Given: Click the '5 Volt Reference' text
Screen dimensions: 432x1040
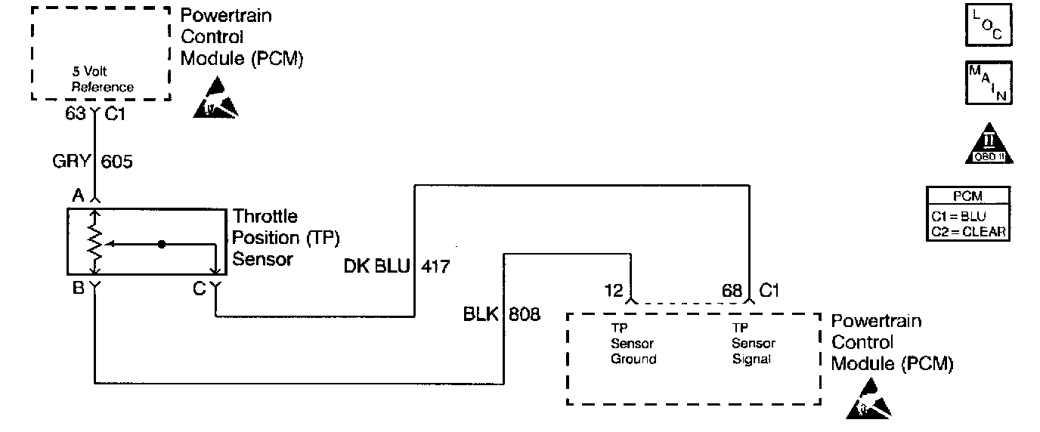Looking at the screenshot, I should [102, 81].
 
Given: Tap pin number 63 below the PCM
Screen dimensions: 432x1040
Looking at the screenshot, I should [74, 114].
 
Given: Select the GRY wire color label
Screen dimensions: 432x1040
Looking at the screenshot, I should [70, 161].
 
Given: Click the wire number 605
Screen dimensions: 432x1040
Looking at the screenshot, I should [116, 161].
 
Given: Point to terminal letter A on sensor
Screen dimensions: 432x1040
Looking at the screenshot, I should [77, 196].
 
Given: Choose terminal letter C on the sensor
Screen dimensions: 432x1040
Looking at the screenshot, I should [199, 287].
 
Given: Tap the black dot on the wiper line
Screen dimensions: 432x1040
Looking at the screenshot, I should [161, 245].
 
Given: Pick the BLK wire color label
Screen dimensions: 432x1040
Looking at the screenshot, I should [480, 313].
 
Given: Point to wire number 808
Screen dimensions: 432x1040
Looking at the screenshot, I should [525, 313].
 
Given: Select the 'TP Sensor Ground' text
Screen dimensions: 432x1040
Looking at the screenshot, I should [633, 344].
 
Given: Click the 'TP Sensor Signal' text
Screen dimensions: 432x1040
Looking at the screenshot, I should [754, 344].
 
